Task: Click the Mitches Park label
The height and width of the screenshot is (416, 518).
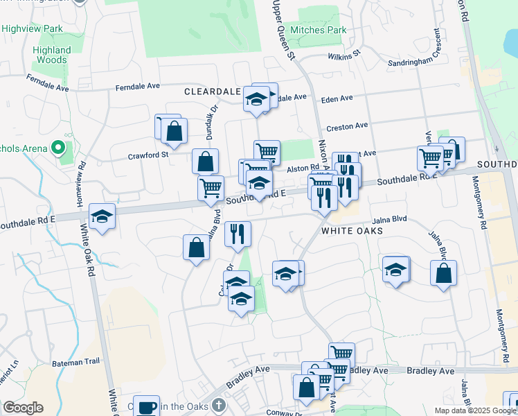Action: (318, 30)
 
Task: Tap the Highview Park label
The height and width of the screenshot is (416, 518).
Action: (32, 28)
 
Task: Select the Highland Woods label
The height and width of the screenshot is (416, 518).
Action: (52, 55)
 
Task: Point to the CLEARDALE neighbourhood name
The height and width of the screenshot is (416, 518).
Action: (212, 92)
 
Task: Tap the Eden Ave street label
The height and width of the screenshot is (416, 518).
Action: (337, 99)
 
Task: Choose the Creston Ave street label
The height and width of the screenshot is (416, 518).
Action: (347, 126)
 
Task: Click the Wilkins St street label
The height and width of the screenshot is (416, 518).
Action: (346, 54)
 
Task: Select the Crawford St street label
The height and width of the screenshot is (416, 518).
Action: (148, 155)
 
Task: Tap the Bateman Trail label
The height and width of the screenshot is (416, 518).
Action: (80, 361)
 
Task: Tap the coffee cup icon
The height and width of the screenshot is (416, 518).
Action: (146, 407)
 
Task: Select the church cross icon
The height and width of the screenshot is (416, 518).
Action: (218, 404)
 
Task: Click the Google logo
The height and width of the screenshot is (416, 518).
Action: (24, 408)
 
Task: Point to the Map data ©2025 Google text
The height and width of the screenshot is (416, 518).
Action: (474, 410)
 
